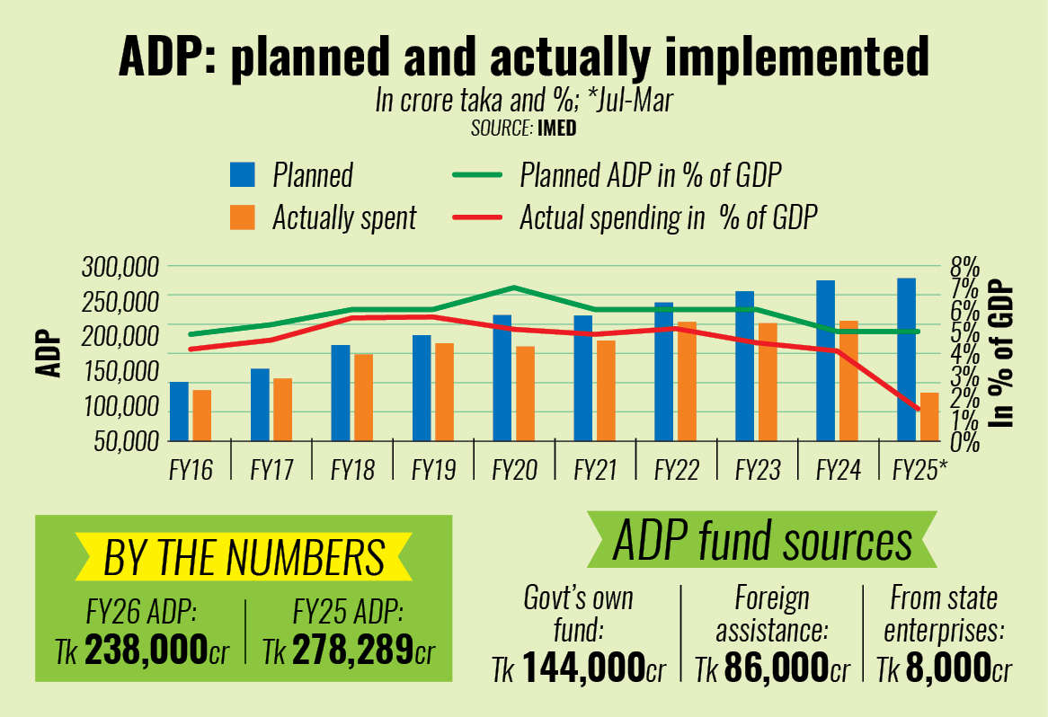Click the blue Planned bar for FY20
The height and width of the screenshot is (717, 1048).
tap(502, 377)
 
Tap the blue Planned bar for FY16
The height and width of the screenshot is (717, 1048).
tap(180, 411)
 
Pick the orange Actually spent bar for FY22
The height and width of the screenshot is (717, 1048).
tap(687, 381)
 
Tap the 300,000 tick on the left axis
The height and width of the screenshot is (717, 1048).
tap(120, 267)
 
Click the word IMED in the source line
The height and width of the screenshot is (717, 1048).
tap(556, 128)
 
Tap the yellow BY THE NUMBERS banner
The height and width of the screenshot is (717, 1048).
tap(244, 557)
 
